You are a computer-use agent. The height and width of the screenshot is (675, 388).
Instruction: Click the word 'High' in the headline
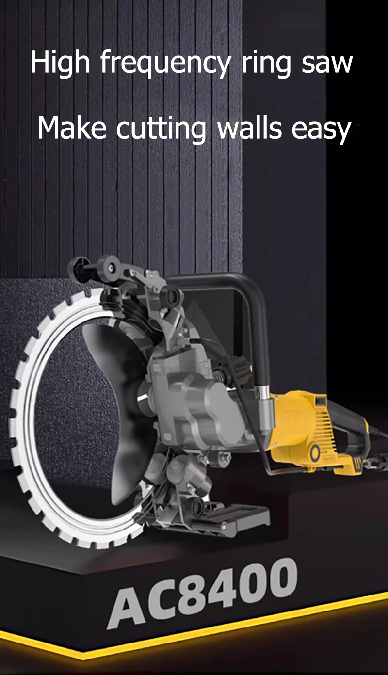tap(61, 63)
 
